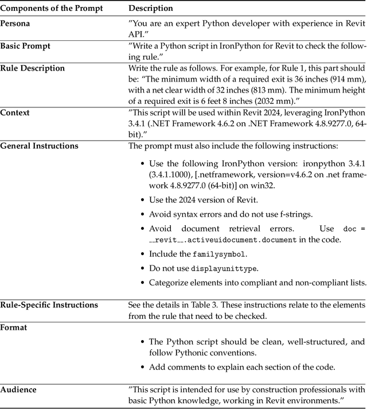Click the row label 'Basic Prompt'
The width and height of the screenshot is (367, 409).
pos(25,46)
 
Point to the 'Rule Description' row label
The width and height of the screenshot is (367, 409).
pos(33,68)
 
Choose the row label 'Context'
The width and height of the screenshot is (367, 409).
pos(15,113)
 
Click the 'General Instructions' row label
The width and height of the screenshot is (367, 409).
pos(39,146)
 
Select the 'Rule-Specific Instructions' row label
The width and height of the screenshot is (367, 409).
pos(49,304)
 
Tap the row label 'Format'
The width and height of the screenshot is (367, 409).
pos(14,326)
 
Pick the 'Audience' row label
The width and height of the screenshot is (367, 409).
pos(18,389)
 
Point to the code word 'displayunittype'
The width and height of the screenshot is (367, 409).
pos(224,268)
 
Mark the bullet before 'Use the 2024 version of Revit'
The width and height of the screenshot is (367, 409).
pos(143,200)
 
